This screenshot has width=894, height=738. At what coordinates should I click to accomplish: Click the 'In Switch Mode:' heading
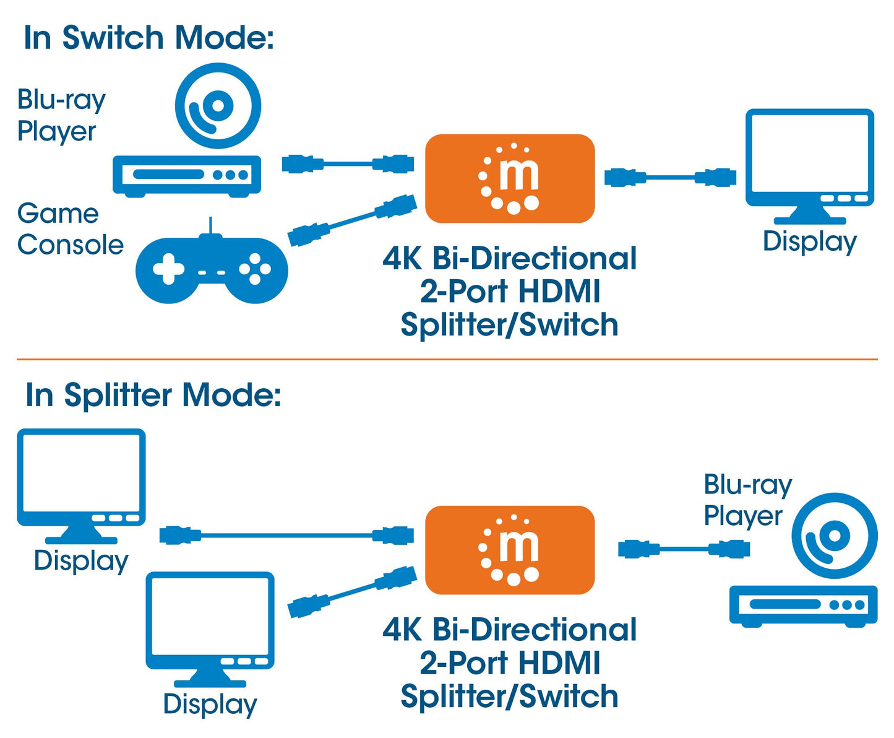coord(148,38)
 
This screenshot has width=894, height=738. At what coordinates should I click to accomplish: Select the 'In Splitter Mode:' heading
coord(153,395)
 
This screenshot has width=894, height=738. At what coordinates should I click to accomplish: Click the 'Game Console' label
coord(70,229)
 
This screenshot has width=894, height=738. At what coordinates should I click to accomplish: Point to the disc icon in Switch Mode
coord(218,106)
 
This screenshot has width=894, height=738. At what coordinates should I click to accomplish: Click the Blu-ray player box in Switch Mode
coord(187,175)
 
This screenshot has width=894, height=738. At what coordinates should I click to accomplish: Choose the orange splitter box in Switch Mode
coord(510,178)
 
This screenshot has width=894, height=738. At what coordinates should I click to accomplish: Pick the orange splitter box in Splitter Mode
coord(510,550)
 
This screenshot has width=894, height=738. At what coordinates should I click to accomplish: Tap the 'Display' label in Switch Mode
coord(809,241)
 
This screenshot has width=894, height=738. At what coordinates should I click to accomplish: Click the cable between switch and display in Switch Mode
coord(670,178)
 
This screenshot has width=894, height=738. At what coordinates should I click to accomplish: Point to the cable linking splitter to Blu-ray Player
coord(684,549)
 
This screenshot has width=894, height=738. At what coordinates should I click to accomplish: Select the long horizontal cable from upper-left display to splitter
coord(286,535)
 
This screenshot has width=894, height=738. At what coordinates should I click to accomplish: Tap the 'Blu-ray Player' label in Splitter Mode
coord(747,500)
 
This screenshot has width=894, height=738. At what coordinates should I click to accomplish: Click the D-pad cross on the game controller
coord(169,270)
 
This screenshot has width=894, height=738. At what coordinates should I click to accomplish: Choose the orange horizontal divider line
coord(447,359)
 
